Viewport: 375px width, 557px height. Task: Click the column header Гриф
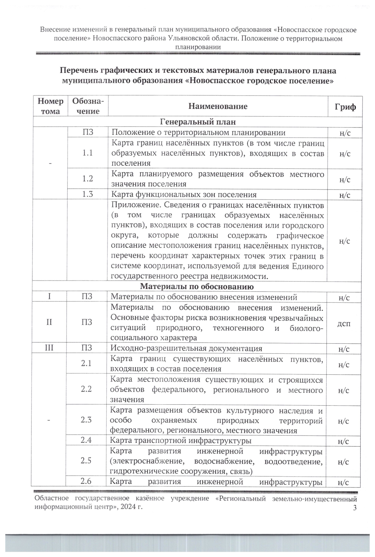tap(345, 106)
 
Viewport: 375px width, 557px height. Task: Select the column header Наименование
tap(218, 106)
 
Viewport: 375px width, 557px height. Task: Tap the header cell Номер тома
tap(50, 106)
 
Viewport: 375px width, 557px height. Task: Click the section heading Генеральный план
tap(198, 121)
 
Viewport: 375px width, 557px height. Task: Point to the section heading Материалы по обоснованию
tap(197, 286)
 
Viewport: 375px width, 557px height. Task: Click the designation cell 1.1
tap(87, 153)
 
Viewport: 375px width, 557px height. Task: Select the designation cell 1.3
tap(87, 194)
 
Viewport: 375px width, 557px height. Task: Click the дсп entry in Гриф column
tap(344, 323)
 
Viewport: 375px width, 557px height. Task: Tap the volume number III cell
tap(49, 348)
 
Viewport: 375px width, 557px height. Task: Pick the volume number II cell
tap(49, 322)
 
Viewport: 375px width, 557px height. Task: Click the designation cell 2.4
tap(86, 440)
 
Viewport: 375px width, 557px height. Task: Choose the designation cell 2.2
tap(86, 389)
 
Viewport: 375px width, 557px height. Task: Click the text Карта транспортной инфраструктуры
tap(181, 441)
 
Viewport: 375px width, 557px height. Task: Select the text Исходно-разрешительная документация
tap(186, 348)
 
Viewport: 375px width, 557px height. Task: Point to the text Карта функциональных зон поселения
tap(184, 194)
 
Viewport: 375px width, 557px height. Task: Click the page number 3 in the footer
tap(354, 507)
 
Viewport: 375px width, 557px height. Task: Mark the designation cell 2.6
tap(86, 481)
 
